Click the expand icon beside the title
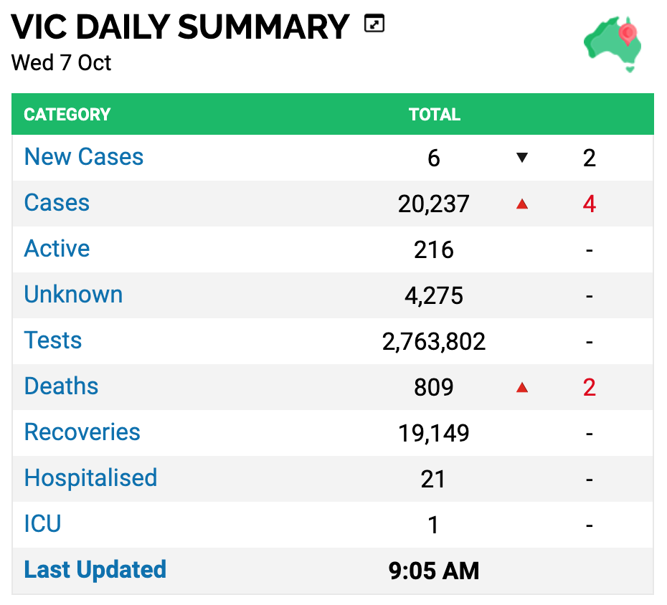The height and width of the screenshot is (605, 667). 374,24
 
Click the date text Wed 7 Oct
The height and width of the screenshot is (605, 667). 61,63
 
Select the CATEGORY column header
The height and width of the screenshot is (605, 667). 67,115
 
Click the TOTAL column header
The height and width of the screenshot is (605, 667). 435,115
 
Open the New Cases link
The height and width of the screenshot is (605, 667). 84,156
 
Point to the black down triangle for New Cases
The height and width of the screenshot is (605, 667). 522,158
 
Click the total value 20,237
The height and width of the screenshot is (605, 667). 433,204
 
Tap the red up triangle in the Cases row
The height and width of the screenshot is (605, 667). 522,204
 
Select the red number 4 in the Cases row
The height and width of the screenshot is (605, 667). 589,204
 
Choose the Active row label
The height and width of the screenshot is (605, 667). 57,248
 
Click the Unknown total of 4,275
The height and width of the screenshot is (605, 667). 433,295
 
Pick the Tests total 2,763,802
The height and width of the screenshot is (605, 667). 433,341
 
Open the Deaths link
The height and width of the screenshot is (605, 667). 61,386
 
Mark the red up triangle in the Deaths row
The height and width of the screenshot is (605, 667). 522,387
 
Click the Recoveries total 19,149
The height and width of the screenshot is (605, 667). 433,433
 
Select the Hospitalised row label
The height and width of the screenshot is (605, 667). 90,478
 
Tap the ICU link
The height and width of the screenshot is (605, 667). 42,524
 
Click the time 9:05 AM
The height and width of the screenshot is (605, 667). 433,571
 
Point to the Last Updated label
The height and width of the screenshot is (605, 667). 95,570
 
